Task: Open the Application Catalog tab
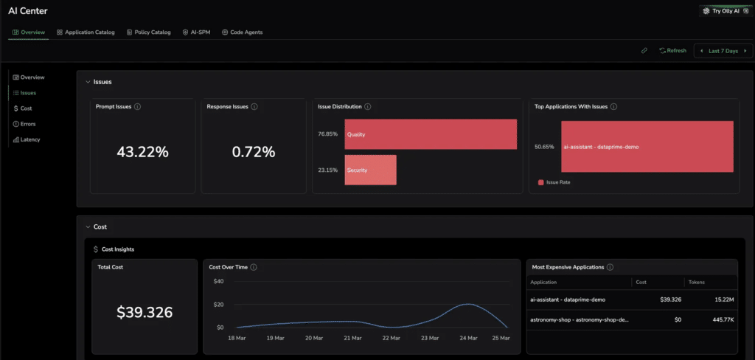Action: tap(86, 32)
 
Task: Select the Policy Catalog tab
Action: tap(149, 32)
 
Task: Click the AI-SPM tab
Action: tap(196, 32)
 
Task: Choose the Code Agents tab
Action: tap(242, 32)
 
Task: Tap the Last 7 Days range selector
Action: tap(723, 51)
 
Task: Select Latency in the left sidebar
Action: tap(27, 139)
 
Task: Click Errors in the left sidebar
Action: tap(24, 124)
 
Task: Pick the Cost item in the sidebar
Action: tap(23, 108)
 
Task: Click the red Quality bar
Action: tap(431, 134)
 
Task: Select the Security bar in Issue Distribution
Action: tap(370, 170)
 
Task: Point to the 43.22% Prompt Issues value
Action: tap(142, 152)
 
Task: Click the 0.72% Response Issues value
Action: tap(254, 152)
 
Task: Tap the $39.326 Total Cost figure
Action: tap(145, 312)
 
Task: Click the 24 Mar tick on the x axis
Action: tap(468, 339)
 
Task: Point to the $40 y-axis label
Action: tap(218, 282)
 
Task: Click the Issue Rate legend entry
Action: tap(554, 183)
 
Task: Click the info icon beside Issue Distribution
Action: tap(368, 106)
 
